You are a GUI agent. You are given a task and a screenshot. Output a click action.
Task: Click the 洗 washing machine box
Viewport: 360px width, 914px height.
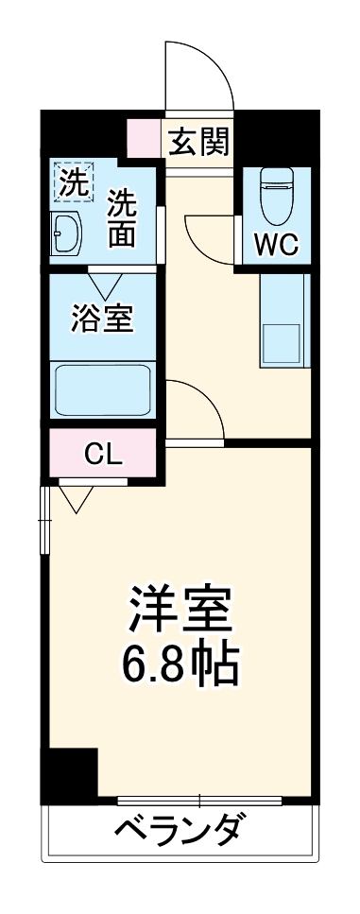click(x=73, y=182)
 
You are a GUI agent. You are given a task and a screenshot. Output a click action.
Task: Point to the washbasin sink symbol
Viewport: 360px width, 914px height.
click(x=69, y=233)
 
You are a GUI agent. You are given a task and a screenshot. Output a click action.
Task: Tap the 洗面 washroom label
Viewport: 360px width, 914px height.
click(x=121, y=219)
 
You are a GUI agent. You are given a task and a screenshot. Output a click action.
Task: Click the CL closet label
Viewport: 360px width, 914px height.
click(x=103, y=456)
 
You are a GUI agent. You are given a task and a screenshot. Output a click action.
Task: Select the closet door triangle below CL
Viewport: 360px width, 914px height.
click(x=77, y=497)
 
